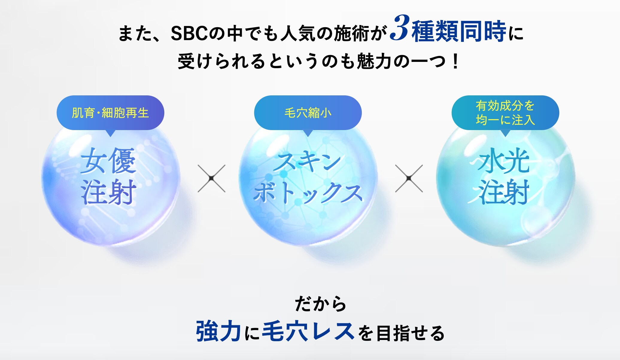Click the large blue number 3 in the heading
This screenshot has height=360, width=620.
400,28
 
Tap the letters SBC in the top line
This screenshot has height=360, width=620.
189,33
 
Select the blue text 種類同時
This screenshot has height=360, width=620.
459,31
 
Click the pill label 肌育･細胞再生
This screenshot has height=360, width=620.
110,113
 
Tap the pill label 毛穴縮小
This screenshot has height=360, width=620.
308,113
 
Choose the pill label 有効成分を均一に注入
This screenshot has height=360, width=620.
505,113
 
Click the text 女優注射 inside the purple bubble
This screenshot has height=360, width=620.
109,176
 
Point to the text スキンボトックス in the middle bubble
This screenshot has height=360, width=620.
308,178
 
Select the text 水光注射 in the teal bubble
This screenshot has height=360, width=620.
504,176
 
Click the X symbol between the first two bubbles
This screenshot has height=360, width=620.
212,179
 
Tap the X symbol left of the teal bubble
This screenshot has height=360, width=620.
409,179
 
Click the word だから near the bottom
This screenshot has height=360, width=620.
320,304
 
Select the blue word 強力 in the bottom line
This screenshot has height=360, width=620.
218,331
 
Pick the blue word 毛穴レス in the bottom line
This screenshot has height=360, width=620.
308,331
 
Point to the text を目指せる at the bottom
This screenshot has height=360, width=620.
401,333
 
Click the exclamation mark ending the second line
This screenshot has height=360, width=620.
456,62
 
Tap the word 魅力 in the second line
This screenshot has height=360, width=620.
374,62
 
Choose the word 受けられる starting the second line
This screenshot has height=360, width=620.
221,62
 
